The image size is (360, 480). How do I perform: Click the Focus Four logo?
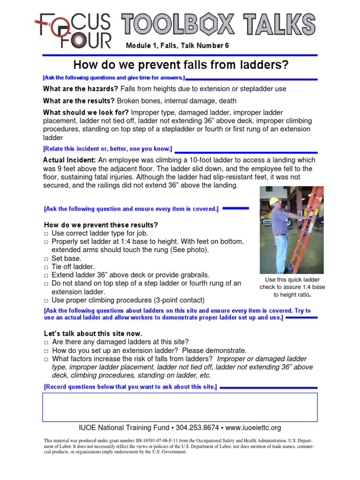[x=73, y=30]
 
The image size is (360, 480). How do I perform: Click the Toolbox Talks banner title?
[x=218, y=24]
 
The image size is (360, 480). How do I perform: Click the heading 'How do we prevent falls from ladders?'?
[x=180, y=65]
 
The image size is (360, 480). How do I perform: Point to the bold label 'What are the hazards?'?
[x=81, y=89]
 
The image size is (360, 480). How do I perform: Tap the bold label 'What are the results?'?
[x=79, y=101]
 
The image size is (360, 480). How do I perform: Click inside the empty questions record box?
[x=180, y=407]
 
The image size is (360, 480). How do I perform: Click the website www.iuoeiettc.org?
[x=253, y=427]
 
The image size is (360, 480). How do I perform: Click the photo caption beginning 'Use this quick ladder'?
[x=292, y=287]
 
